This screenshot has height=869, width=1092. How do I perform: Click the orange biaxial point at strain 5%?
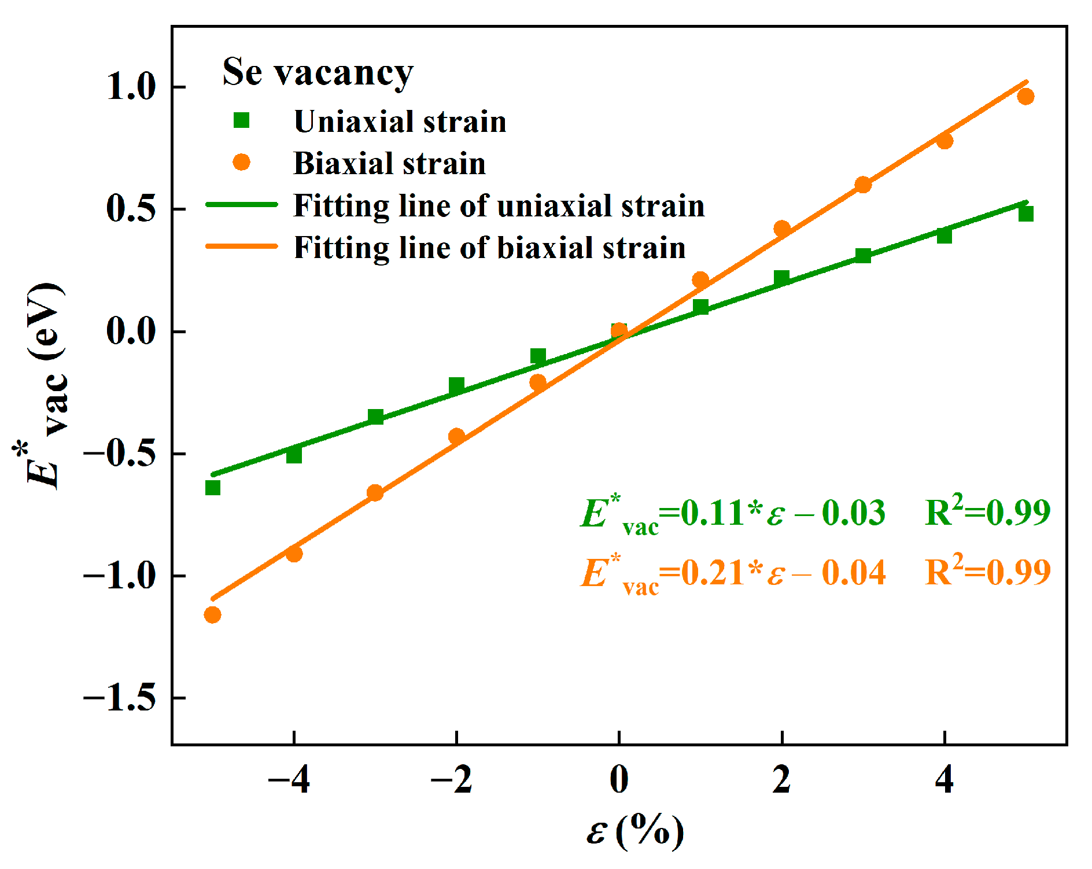1025,97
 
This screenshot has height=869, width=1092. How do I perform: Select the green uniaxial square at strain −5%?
213,488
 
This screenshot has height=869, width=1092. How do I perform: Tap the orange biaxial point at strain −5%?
212,614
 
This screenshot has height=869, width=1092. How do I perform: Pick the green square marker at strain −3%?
376,417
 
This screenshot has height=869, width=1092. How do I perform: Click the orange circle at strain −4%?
294,554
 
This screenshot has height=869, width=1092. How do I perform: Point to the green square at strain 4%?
945,235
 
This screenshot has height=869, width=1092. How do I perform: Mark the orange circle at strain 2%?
782,229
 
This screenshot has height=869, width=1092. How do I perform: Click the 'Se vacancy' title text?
318,73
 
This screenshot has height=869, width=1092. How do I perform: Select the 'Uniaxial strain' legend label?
400,121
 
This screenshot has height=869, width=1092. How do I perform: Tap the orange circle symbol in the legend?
241,163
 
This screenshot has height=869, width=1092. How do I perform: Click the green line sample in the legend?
242,205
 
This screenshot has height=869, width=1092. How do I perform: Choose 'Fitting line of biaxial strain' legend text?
489,248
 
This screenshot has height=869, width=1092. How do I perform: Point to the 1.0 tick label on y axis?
131,87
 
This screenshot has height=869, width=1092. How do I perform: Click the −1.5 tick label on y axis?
120,698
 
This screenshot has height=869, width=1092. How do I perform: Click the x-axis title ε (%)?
634,831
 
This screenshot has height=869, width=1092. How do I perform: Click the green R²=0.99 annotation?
987,512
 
